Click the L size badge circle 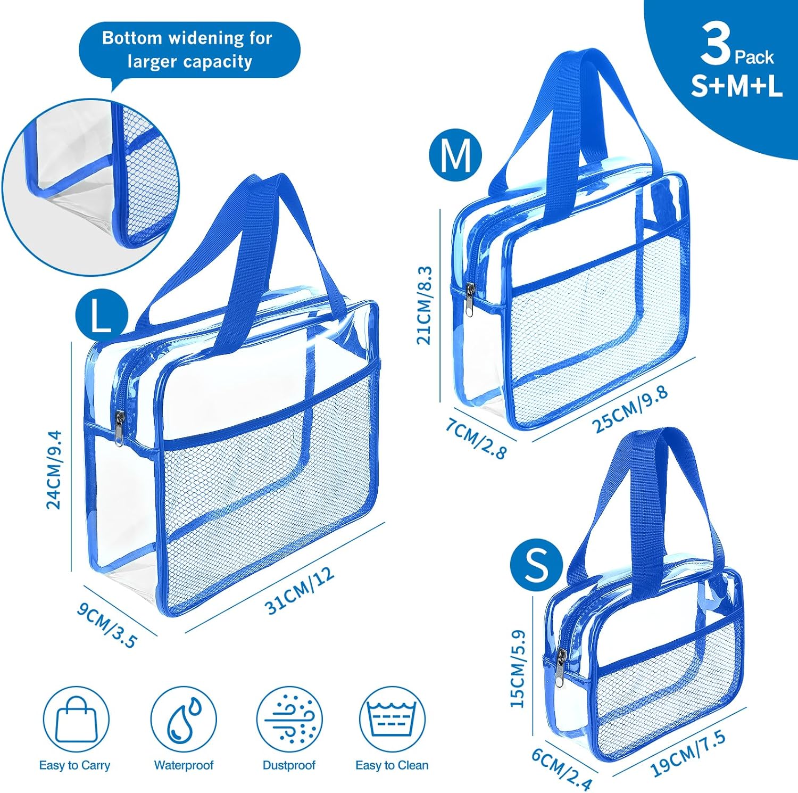tap(102, 318)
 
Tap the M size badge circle tap(455, 155)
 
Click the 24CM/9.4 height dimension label tap(54, 470)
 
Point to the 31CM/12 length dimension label tap(300, 591)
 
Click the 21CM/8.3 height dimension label tap(425, 305)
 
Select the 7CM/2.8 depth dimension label tap(476, 439)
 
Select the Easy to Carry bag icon tap(76, 719)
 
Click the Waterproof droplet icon tap(184, 719)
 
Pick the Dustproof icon tap(289, 719)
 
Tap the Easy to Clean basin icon tap(393, 719)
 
